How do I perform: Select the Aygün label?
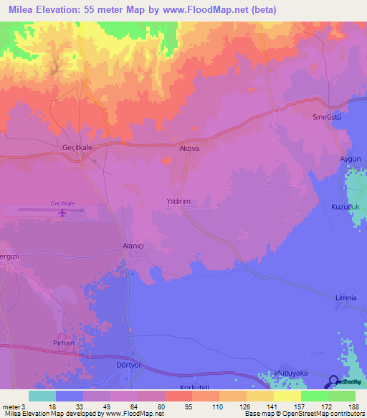(x=349, y=157)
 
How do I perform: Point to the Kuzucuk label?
(x=343, y=206)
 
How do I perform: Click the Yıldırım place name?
(x=178, y=203)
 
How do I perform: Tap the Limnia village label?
(x=345, y=297)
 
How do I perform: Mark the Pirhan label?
(x=64, y=344)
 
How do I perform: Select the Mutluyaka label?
(x=291, y=373)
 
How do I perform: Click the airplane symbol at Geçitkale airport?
(x=62, y=213)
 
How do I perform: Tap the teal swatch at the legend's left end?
(x=42, y=396)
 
